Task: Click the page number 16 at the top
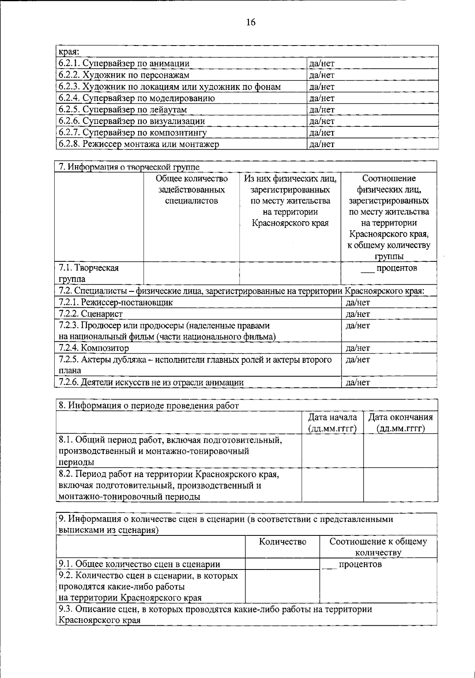(251, 22)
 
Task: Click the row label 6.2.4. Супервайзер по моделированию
(137, 98)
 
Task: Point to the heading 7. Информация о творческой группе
(129, 167)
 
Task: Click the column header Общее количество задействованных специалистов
(192, 190)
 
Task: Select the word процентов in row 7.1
(396, 268)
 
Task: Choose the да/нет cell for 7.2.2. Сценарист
(358, 314)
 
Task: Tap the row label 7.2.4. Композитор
(94, 348)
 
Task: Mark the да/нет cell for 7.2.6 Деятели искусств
(358, 382)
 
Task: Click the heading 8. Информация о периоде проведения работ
(149, 406)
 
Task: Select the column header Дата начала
(332, 423)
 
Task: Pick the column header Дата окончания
(401, 423)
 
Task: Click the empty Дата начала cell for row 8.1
(332, 451)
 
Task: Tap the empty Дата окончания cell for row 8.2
(401, 485)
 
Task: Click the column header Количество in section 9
(283, 542)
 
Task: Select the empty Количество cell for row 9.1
(283, 564)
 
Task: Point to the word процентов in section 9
(360, 564)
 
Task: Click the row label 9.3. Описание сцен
(214, 614)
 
